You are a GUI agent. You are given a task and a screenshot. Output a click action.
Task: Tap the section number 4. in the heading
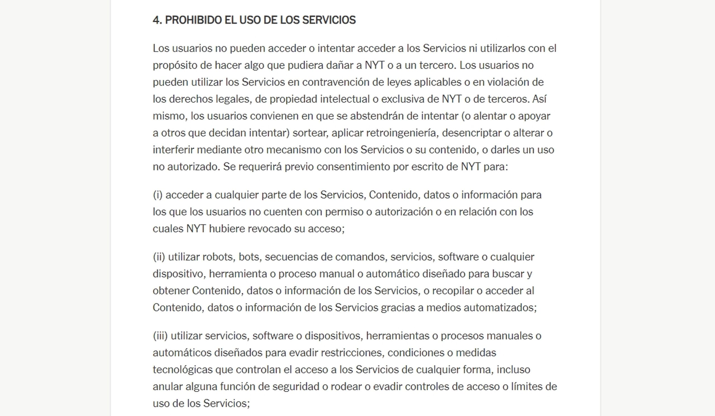157,20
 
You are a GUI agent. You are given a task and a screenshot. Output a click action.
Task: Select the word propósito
175,65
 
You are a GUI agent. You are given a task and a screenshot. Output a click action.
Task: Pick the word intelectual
345,99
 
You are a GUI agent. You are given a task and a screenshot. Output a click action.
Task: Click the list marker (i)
158,195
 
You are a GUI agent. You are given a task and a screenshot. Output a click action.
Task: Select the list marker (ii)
159,257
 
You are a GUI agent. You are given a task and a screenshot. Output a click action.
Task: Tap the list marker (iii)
160,336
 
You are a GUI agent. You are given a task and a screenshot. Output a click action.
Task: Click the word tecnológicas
182,370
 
